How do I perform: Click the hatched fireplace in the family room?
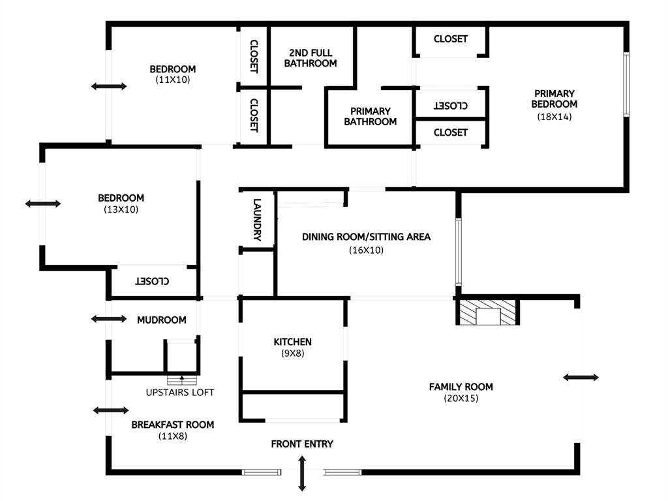pyautogui.click(x=488, y=312)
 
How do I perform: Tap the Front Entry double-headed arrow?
pyautogui.click(x=301, y=474)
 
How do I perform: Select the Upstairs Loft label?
pyautogui.click(x=180, y=392)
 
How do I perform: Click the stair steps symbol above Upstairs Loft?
pyautogui.click(x=183, y=380)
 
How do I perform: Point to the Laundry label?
pyautogui.click(x=257, y=220)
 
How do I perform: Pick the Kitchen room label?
pyautogui.click(x=293, y=342)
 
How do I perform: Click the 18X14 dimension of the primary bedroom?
pyautogui.click(x=554, y=117)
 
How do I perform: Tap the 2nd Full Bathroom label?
pyautogui.click(x=311, y=58)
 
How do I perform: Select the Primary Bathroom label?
pyautogui.click(x=371, y=116)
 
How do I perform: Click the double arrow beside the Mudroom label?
pyautogui.click(x=109, y=318)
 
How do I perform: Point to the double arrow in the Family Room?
pyautogui.click(x=581, y=377)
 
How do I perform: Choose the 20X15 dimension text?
pyautogui.click(x=461, y=399)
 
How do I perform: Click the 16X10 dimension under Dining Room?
pyautogui.click(x=367, y=250)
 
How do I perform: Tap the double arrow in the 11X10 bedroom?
pyautogui.click(x=109, y=87)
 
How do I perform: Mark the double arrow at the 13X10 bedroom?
pyautogui.click(x=43, y=204)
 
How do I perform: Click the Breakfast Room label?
pyautogui.click(x=172, y=425)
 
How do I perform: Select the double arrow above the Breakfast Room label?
pyautogui.click(x=111, y=410)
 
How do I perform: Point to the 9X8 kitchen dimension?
pyautogui.click(x=293, y=353)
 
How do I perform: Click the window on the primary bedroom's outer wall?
pyautogui.click(x=626, y=84)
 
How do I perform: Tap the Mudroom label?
pyautogui.click(x=162, y=320)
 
